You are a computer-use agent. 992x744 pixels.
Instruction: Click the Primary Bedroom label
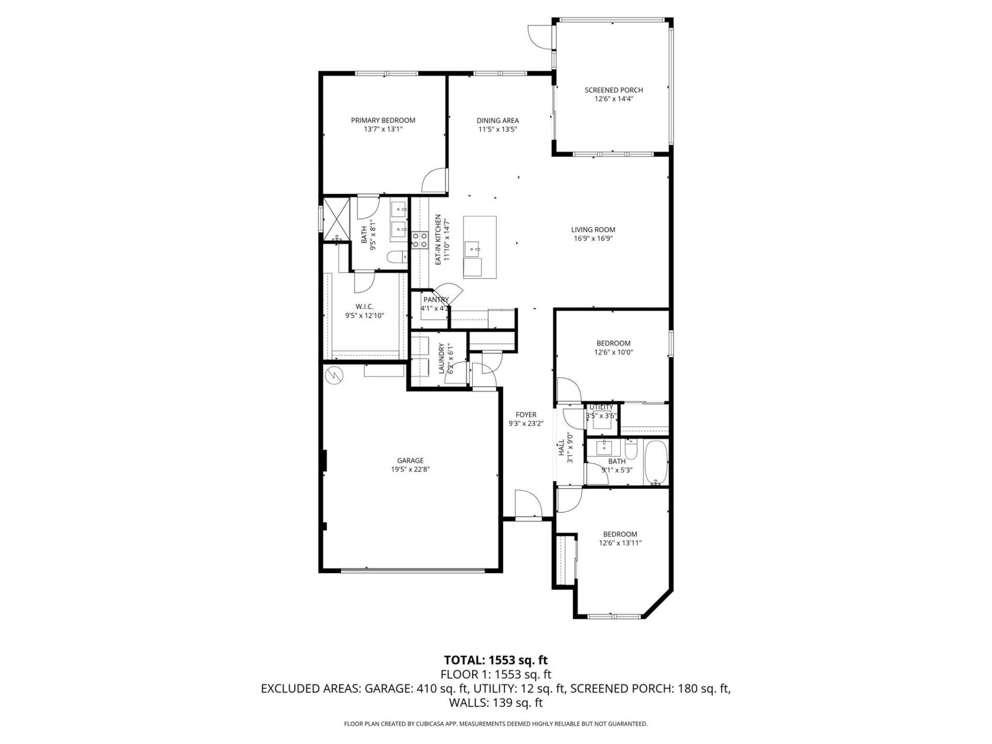[x=383, y=120]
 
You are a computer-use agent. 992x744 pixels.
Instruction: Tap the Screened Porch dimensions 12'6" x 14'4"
[x=614, y=99]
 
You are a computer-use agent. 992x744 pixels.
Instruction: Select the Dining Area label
[x=498, y=120]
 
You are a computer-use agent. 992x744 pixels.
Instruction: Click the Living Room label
[x=593, y=230]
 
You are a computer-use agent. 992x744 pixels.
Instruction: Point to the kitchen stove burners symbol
[x=419, y=240]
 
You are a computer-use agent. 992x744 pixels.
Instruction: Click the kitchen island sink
[x=473, y=250]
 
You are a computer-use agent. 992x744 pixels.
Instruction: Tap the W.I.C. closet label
[x=364, y=306]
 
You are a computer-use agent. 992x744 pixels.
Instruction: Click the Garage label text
[x=410, y=460]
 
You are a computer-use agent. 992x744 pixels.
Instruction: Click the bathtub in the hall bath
[x=656, y=462]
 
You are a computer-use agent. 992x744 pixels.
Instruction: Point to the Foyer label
[x=526, y=414]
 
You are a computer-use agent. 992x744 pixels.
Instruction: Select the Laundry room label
[x=442, y=358]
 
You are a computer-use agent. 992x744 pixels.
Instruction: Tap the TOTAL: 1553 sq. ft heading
[x=495, y=660]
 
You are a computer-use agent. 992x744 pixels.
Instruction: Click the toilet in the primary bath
[x=398, y=257]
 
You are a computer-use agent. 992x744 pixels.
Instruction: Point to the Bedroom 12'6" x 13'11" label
[x=620, y=534]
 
